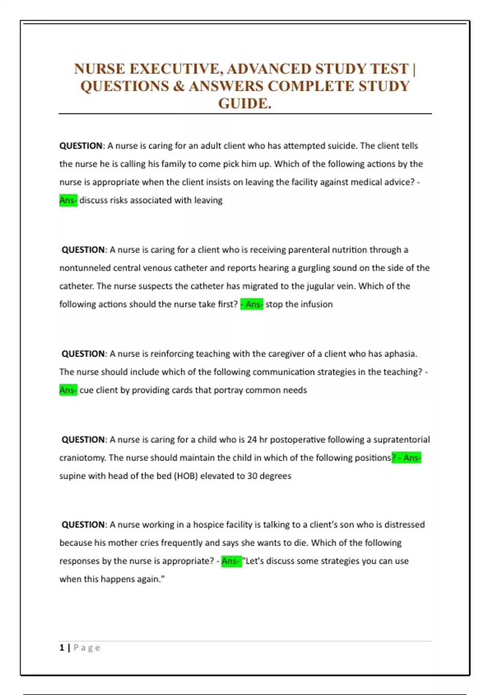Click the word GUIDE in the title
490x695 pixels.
point(244,103)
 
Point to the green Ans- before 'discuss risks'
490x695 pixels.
point(68,200)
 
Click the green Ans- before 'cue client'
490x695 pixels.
point(68,390)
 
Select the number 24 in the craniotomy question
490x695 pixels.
point(252,440)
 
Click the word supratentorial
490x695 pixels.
point(401,440)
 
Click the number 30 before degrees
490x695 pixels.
point(252,476)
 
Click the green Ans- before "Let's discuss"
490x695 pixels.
point(231,561)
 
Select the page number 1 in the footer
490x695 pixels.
point(62,648)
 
